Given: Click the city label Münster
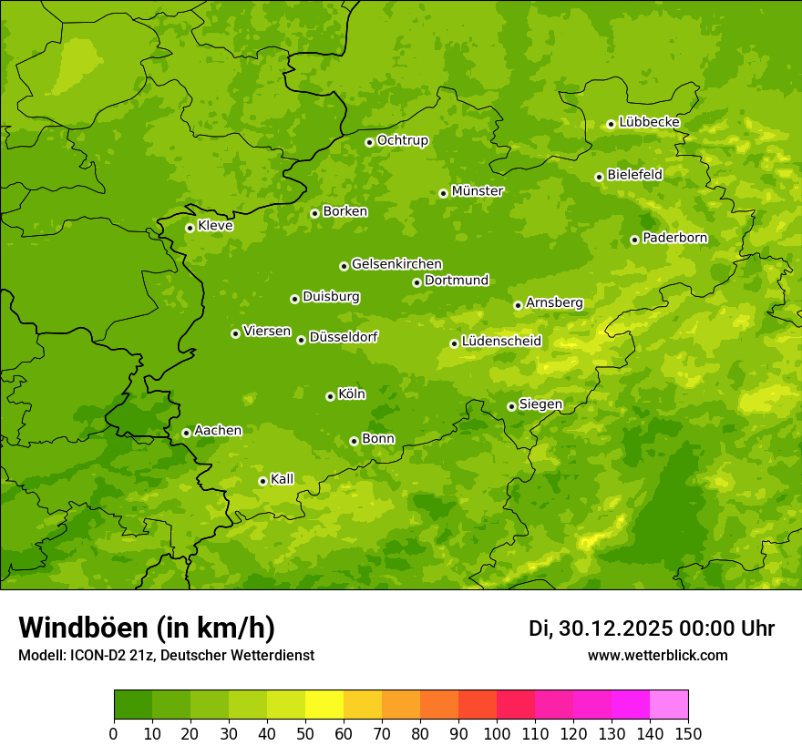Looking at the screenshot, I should pos(478,191).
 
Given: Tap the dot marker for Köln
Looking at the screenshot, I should pos(330,396).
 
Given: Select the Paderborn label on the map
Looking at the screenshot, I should pos(675,238).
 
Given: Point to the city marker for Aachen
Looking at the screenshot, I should pos(186,433).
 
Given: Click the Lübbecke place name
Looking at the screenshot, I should pos(650,122).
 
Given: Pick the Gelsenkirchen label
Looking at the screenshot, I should pos(396,264).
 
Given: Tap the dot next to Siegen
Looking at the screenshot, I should pos(511,406).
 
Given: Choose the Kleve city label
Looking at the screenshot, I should pos(215,226).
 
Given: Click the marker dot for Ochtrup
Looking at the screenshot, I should pos(369,142).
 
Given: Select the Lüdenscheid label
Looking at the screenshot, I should pos(501,342).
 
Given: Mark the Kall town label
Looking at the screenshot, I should pos(283,479).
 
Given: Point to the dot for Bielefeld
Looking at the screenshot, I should pos(599,177).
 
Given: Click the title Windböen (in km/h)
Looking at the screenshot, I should pos(147,628).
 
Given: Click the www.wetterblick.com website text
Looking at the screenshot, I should pos(657,655).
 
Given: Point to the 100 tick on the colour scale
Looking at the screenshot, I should pos(497,734).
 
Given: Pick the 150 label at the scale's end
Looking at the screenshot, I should pos(688,734).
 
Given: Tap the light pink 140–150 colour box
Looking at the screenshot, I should pos(669,705).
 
